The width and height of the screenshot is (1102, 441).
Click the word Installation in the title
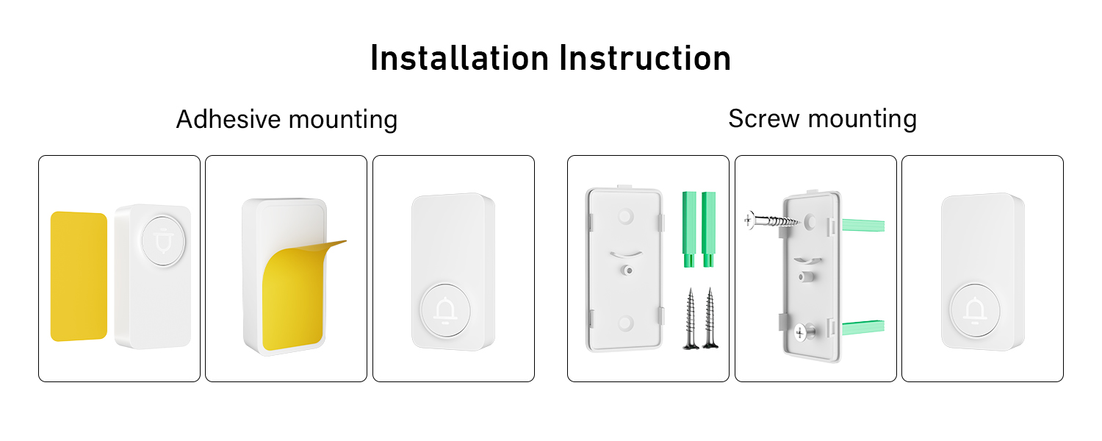tap(459, 59)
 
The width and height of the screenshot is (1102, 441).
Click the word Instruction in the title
tap(644, 59)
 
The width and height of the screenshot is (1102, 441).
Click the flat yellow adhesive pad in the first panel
tap(79, 276)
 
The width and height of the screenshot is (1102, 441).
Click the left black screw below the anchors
tap(690, 318)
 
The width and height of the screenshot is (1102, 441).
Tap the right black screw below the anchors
tap(709, 318)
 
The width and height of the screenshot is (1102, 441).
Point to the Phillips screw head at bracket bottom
tap(799, 333)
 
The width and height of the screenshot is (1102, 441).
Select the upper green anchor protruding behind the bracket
tap(864, 224)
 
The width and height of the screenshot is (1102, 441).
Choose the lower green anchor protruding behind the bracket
tap(864, 326)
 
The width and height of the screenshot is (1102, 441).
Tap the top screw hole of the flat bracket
tap(625, 216)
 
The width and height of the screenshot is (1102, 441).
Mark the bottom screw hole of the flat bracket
tap(625, 322)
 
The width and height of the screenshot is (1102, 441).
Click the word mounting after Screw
tap(864, 120)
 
